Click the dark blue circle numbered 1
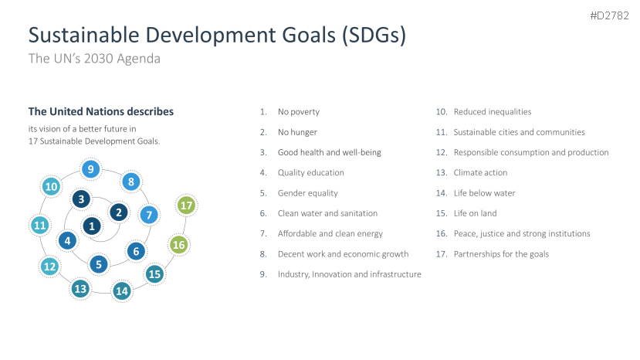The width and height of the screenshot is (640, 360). point(92,226)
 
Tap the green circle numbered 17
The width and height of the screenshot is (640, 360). point(187,205)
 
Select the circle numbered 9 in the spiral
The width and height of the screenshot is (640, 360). point(90,168)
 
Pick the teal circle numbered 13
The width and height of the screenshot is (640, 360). point(80,289)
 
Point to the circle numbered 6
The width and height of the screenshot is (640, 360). point(136,251)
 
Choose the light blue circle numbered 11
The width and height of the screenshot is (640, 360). point(40,225)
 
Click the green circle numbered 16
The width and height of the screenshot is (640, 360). point(179,245)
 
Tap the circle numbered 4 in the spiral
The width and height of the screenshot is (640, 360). point(67,241)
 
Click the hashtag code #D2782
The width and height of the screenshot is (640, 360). point(609,15)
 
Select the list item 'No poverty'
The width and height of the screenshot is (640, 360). point(298,112)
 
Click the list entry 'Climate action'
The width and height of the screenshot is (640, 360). point(480,172)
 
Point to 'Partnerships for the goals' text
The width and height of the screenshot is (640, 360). point(501,254)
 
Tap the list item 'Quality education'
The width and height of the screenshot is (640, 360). point(310,173)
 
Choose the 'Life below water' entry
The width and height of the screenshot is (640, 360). point(485,193)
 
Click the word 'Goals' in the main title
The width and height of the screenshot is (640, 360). point(309,35)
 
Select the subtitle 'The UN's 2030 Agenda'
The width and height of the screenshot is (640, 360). point(94,59)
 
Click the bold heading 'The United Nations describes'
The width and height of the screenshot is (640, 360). point(101,111)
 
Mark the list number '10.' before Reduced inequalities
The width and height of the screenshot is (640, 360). point(442,111)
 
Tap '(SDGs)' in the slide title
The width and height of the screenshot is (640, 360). point(374,36)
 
